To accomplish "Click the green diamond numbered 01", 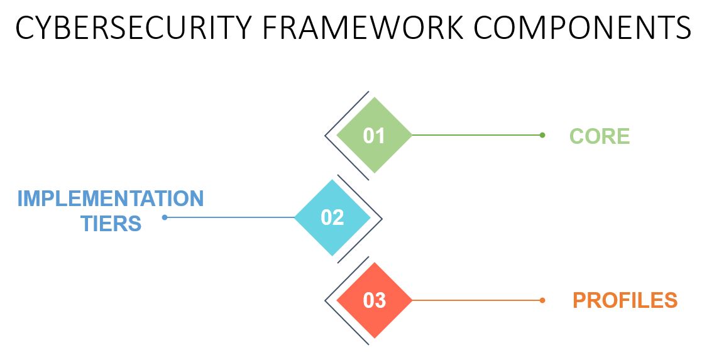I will [x=375, y=135].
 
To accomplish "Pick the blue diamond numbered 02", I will [x=332, y=217].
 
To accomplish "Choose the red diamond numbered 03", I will [x=375, y=300].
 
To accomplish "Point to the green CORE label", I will [x=600, y=136].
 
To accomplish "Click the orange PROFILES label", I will [x=625, y=300].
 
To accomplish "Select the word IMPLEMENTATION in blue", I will [x=111, y=199].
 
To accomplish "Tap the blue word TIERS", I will [x=111, y=224].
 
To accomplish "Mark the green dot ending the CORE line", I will [x=542, y=135].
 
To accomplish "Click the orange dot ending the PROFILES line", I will [x=542, y=300].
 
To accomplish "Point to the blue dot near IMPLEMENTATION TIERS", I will [x=165, y=217].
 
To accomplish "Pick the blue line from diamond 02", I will [x=229, y=217].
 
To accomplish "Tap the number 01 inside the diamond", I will [x=374, y=136].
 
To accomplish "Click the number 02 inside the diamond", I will [x=332, y=217].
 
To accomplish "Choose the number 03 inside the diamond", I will [x=374, y=300].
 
